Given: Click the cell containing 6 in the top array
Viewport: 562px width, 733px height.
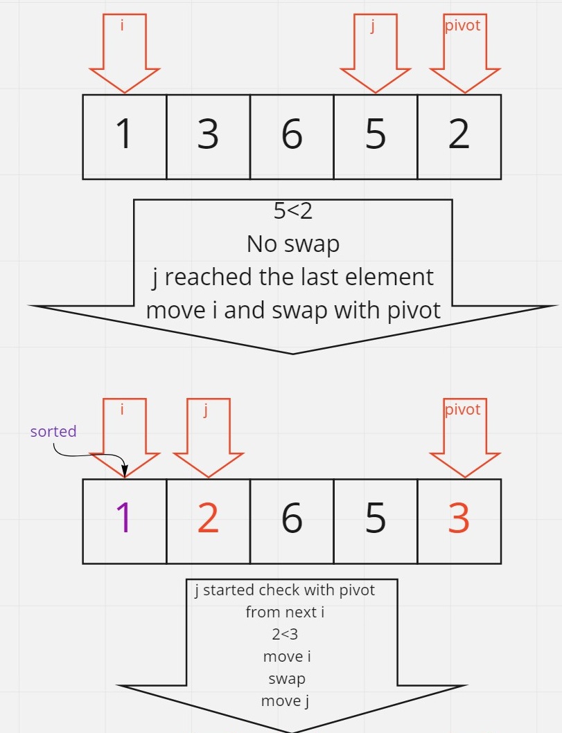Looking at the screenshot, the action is [x=292, y=136].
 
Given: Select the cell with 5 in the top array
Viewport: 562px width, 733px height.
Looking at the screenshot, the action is [x=376, y=136].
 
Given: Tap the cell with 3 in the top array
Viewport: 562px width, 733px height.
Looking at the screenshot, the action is [x=208, y=136].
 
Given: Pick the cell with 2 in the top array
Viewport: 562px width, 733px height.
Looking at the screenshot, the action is [x=459, y=136].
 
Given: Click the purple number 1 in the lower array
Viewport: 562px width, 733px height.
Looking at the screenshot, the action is [x=125, y=519].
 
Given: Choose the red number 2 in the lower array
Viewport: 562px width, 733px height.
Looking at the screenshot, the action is [x=208, y=519].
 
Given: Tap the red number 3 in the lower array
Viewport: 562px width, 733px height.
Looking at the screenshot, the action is [x=459, y=519].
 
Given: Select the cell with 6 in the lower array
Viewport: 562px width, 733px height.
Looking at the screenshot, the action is [x=292, y=521].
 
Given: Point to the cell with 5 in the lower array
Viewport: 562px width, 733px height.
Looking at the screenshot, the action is [x=376, y=521].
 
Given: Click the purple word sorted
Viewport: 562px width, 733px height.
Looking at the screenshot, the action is [x=53, y=431].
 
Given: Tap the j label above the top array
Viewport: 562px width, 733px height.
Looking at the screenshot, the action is [x=373, y=29].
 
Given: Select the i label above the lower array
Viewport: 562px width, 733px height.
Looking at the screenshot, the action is [x=123, y=410].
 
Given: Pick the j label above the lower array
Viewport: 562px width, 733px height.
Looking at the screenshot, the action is [x=206, y=410].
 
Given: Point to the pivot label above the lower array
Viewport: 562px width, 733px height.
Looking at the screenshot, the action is [x=462, y=409].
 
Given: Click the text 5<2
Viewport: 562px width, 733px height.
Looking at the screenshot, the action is [x=292, y=211].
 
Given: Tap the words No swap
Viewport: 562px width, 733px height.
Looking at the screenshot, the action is [x=292, y=244].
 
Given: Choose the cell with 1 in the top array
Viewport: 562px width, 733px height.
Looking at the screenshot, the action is [x=125, y=136].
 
